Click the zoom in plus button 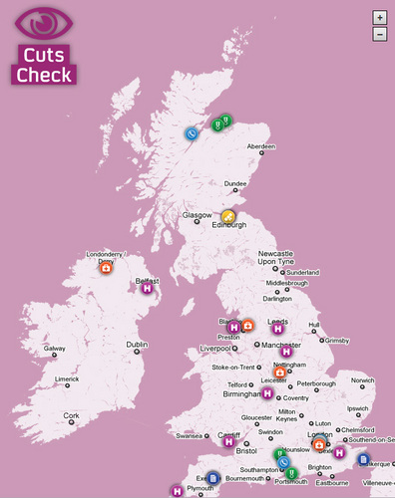pos(379,17)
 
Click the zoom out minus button pos(379,34)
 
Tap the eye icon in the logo pos(44,21)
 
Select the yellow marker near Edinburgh pos(228,215)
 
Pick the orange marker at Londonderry pos(107,266)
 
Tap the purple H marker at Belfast pos(147,288)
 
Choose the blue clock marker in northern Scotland pos(191,133)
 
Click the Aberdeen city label pos(260,146)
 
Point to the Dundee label pos(235,183)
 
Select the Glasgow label pos(197,215)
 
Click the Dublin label pos(137,345)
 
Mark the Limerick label pos(67,379)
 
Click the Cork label pos(71,415)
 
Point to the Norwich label pos(362,380)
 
